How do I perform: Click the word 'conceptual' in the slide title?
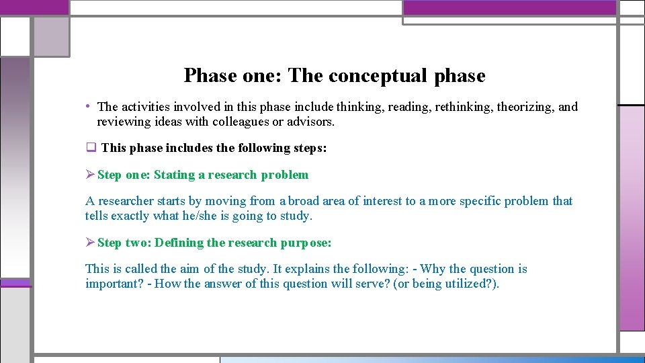tap(377, 75)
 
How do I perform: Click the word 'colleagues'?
tap(221, 122)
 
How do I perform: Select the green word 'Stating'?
tap(174, 175)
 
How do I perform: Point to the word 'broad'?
tap(307, 201)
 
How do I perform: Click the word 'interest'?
tap(382, 201)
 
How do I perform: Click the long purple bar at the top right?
tap(509, 7)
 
